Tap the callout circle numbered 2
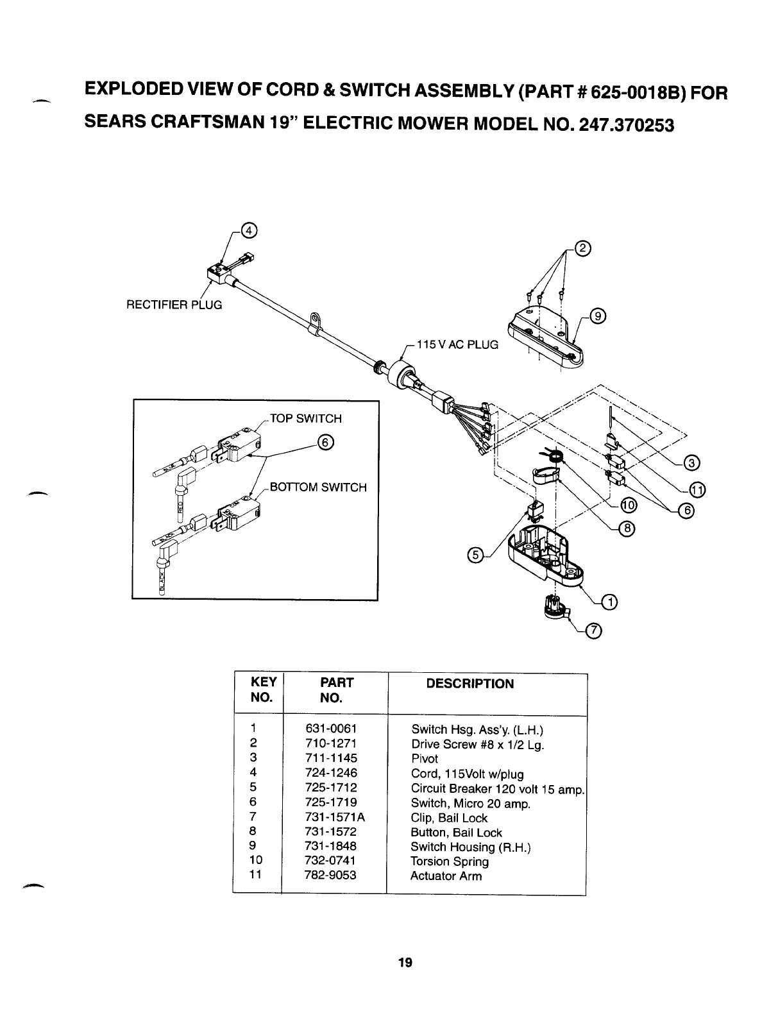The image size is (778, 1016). click(582, 250)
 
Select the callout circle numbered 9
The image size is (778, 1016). click(598, 316)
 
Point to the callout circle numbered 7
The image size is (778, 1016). click(595, 632)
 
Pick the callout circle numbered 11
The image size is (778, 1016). click(697, 490)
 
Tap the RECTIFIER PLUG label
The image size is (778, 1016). click(174, 305)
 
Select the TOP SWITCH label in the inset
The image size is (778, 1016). click(305, 419)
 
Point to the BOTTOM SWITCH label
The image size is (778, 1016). click(318, 487)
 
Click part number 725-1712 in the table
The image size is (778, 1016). click(331, 787)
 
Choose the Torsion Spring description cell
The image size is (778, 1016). click(449, 861)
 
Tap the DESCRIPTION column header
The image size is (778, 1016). click(470, 684)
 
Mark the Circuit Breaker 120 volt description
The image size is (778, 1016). click(497, 788)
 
